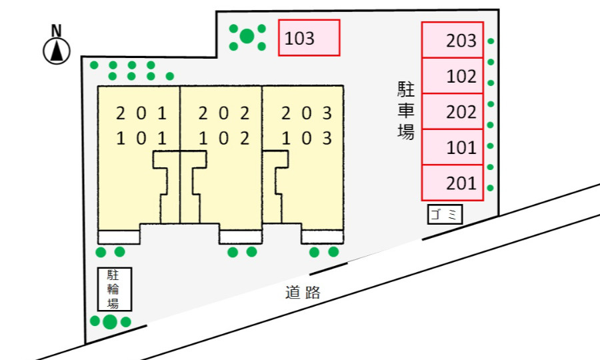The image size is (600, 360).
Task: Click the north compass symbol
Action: (57, 51)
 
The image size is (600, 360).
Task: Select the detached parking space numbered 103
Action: (309, 38)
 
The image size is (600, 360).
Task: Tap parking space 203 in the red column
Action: (453, 40)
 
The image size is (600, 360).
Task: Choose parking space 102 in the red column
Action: (453, 76)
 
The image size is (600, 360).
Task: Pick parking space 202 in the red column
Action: (453, 111)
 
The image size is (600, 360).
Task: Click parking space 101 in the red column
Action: (453, 147)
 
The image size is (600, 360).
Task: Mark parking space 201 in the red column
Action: (453, 183)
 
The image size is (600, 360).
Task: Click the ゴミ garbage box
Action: (445, 214)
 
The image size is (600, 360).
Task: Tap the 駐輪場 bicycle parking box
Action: (115, 289)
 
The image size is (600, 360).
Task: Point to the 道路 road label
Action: (303, 292)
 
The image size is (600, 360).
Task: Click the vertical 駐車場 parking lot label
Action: (405, 110)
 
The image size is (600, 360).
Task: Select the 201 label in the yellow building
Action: (141, 113)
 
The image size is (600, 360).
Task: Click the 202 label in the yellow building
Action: (224, 113)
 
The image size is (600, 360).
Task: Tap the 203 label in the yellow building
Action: (307, 113)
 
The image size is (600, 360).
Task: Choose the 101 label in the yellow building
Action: (141, 138)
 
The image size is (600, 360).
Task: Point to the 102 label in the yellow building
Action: (224, 138)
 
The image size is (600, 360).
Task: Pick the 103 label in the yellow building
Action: (307, 138)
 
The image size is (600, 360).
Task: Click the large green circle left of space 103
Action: (247, 37)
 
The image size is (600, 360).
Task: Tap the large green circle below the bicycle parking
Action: (110, 321)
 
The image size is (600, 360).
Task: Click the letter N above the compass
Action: (56, 31)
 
